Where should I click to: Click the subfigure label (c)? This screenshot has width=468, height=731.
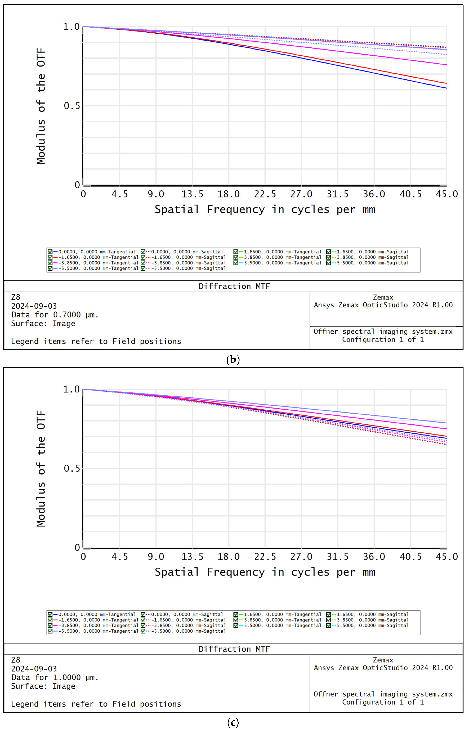point(233,723)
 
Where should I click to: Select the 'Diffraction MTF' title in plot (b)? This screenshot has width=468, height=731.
point(234,286)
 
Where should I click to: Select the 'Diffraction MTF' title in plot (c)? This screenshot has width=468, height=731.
point(234,649)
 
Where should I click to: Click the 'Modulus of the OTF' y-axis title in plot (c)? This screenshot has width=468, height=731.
point(41,468)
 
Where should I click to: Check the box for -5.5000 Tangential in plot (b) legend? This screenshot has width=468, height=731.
point(50,268)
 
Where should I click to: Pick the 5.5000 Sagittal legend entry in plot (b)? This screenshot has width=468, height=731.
point(372,263)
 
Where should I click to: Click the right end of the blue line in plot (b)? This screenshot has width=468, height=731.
point(446,88)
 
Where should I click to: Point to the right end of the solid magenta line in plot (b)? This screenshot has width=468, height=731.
point(446,64)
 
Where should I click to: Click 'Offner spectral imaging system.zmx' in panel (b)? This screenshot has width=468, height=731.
point(383,332)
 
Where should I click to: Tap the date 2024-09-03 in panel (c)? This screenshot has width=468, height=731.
point(34,669)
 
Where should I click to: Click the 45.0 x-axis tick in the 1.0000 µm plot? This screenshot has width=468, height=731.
point(446,557)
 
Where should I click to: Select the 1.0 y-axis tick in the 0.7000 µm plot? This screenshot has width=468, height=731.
point(71,27)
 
